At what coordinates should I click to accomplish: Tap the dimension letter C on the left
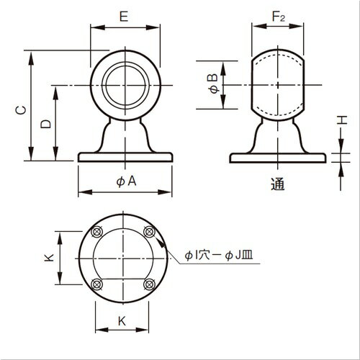click(x=22, y=109)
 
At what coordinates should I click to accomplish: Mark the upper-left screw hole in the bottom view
click(x=96, y=232)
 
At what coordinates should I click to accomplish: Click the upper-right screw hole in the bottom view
click(x=149, y=231)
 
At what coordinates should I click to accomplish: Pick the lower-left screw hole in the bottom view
click(x=96, y=285)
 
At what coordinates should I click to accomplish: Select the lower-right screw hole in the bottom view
click(x=149, y=285)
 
